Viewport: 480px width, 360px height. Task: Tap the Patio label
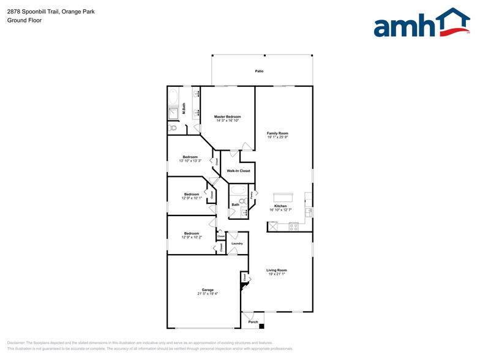point(260,72)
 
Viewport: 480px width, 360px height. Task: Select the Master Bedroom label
point(227,116)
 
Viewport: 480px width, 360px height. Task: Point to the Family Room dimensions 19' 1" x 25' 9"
point(277,137)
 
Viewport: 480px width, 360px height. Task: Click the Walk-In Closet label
point(238,171)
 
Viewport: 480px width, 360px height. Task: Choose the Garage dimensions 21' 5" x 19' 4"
point(208,294)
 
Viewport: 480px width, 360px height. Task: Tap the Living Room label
point(277,270)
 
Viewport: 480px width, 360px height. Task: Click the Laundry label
point(237,244)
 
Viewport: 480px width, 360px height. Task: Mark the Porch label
point(253,322)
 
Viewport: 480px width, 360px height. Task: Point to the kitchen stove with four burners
point(293,227)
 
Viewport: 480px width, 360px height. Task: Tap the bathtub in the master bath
point(173,97)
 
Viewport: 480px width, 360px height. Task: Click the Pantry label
point(251,195)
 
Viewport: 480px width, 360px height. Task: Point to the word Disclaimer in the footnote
point(16,343)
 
